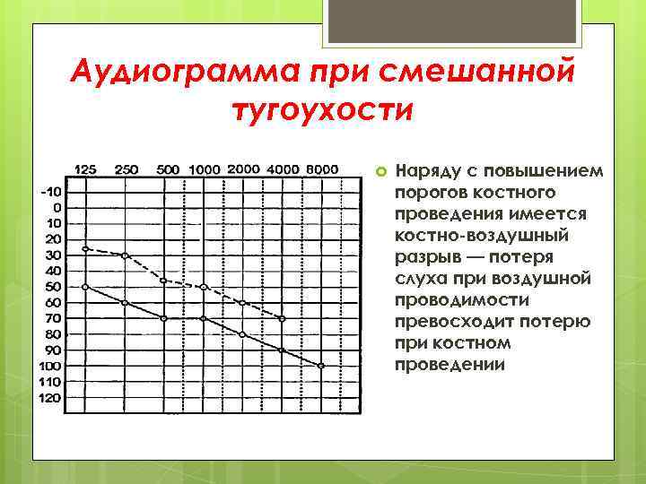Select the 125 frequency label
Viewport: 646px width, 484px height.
point(85,169)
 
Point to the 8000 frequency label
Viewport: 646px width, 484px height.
point(321,169)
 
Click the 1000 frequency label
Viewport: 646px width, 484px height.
point(205,169)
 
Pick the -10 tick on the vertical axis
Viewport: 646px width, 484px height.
point(51,191)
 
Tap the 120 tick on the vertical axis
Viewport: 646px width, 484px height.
point(50,398)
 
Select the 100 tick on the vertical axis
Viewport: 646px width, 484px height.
point(50,366)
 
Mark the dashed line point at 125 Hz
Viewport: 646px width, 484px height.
point(85,248)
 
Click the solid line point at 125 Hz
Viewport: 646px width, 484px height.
point(85,287)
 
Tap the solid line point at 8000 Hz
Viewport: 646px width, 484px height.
point(321,366)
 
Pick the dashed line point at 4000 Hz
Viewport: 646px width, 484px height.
point(282,318)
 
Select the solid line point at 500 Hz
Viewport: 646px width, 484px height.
point(163,318)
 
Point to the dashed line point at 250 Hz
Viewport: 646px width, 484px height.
point(125,255)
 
